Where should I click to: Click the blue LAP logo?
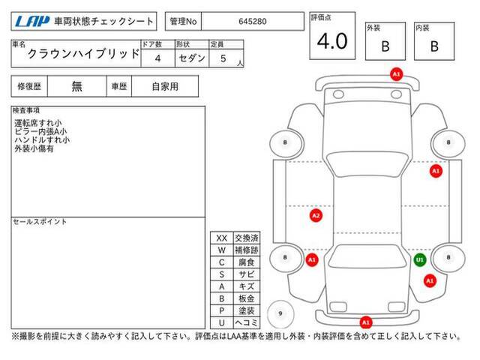pos(32,21)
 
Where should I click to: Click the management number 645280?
pos(253,22)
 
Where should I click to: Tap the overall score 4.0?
pos(332,41)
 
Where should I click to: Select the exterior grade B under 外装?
pos(385,46)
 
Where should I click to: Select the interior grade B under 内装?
pos(434,46)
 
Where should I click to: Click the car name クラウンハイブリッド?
pos(83,54)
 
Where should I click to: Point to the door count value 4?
pos(157,58)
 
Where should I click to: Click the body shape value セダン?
pos(192,58)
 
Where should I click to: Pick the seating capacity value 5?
pos(223,58)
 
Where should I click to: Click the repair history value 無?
pos(76,87)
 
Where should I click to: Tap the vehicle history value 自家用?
pos(165,87)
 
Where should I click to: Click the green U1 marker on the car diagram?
pos(420,260)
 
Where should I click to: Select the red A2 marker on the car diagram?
pos(316,215)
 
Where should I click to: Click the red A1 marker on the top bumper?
pos(396,74)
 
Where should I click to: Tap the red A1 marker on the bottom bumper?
pos(366,322)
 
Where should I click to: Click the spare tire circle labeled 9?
pos(280,313)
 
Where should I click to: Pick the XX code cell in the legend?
pos(222,238)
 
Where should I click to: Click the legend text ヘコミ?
pos(247,322)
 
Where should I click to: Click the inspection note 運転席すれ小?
pos(38,123)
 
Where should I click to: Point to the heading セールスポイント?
pos(40,222)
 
